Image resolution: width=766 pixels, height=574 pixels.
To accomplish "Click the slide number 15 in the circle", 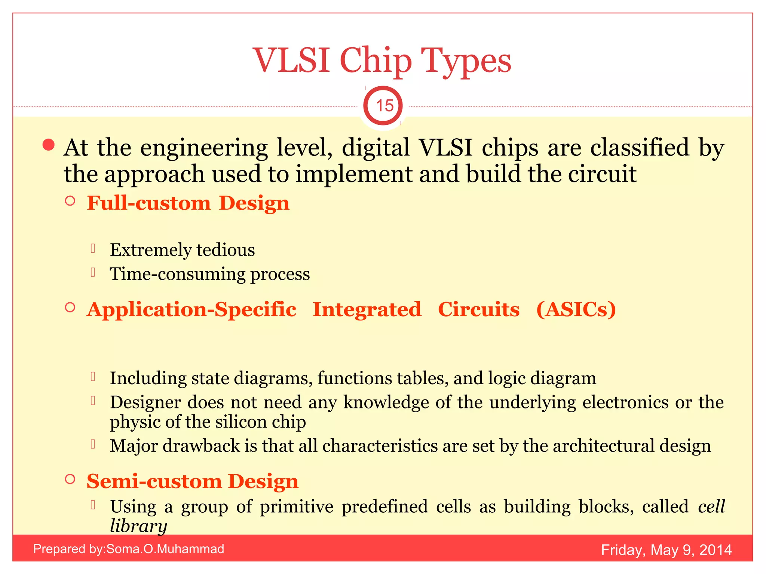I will tap(384, 106).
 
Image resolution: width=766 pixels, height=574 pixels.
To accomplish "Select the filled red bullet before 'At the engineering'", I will tap(49, 145).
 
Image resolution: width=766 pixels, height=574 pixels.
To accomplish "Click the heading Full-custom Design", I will tap(188, 204).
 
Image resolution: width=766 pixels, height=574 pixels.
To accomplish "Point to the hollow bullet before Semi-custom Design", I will tap(70, 479).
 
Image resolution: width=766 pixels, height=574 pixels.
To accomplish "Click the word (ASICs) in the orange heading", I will tap(576, 309).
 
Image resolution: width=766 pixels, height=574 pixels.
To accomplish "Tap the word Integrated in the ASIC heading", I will tap(367, 309).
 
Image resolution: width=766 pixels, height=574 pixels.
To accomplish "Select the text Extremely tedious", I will tap(182, 250).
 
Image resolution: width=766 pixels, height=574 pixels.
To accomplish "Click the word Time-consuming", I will tap(177, 274).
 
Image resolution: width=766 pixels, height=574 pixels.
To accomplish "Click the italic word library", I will tap(138, 526).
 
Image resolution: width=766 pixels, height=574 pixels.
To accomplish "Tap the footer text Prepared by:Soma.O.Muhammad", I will tap(128, 549).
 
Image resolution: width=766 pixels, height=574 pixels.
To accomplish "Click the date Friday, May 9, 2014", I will tap(666, 550).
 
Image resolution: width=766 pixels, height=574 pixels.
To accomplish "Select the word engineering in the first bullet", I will tap(204, 148).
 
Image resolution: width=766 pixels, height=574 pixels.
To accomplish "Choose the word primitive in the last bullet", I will tap(296, 507).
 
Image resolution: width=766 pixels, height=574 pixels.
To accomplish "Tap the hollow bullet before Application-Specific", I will tap(70, 308).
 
